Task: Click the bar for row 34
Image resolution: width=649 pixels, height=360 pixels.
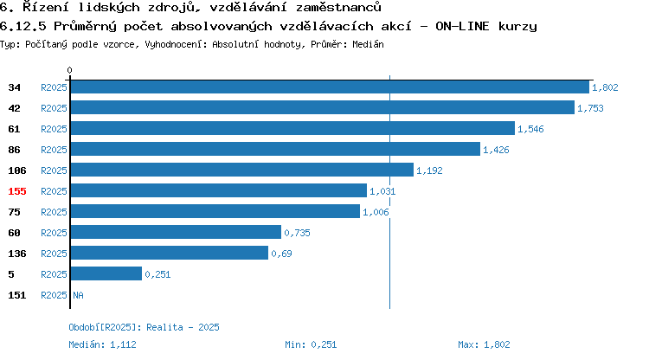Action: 330,87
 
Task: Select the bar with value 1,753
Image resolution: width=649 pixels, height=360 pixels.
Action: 323,107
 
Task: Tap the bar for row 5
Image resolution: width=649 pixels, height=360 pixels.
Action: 106,273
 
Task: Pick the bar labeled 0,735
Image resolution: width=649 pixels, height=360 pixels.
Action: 176,232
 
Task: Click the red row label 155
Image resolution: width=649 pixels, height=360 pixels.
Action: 17,191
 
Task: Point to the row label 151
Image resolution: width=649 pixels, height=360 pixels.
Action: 17,295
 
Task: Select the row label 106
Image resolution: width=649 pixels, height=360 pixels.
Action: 17,170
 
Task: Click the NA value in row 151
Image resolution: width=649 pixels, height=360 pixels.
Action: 78,295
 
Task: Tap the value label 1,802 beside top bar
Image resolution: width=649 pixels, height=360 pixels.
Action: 605,87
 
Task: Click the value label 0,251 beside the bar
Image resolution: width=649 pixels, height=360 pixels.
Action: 157,274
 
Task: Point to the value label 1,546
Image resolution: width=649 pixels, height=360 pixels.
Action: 530,129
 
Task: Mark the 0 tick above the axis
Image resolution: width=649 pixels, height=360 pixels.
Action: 69,70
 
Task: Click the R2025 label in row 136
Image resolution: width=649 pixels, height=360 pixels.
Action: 54,254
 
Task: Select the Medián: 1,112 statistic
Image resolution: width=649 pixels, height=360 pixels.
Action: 102,344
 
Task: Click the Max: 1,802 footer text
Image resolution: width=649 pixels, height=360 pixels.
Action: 484,344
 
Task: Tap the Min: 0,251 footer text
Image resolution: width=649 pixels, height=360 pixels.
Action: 311,344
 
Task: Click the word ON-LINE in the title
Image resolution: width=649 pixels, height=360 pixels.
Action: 462,26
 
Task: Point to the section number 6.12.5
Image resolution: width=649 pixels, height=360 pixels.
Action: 23,26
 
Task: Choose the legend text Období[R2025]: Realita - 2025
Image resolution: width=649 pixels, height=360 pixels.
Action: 144,327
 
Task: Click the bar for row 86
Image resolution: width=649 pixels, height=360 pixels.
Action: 275,149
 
